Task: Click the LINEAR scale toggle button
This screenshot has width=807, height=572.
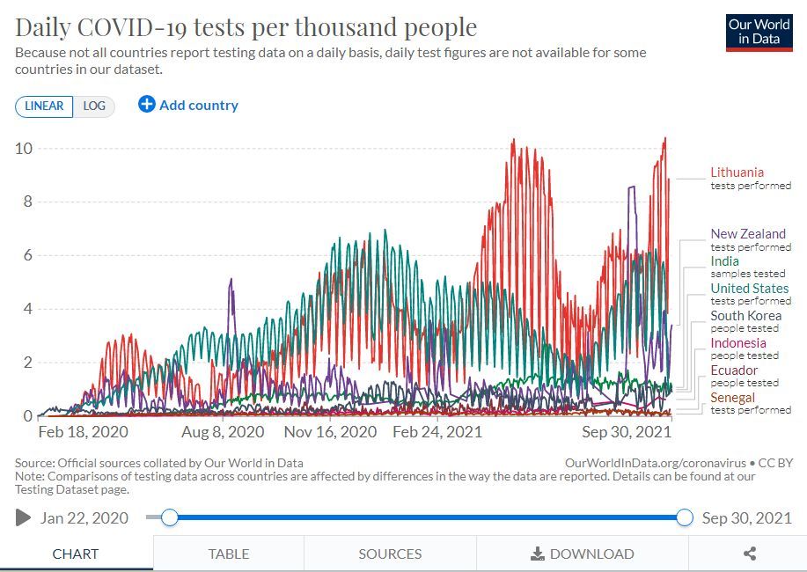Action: pyautogui.click(x=44, y=106)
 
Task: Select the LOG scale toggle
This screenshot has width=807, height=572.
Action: pyautogui.click(x=94, y=106)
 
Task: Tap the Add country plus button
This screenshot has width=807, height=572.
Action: pyautogui.click(x=146, y=105)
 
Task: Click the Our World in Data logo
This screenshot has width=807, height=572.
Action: pyautogui.click(x=759, y=33)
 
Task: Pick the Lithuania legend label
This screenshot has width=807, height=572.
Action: pyautogui.click(x=737, y=172)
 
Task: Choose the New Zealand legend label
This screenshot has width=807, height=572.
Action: pyautogui.click(x=748, y=234)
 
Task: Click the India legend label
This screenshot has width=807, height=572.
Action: pyautogui.click(x=724, y=261)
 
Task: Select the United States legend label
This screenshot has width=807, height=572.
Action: pyautogui.click(x=750, y=289)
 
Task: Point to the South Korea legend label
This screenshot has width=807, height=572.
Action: pyautogui.click(x=745, y=316)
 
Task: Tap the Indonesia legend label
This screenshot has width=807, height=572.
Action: pyautogui.click(x=738, y=343)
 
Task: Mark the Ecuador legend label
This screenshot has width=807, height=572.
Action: pyautogui.click(x=734, y=370)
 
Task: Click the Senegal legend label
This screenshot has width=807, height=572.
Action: pyautogui.click(x=733, y=398)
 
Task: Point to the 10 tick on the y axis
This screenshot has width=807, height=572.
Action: pyautogui.click(x=24, y=148)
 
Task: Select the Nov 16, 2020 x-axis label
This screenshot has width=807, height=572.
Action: pyautogui.click(x=330, y=432)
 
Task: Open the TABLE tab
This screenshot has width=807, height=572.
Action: pyautogui.click(x=229, y=554)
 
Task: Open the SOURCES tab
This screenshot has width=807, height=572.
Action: pyautogui.click(x=390, y=554)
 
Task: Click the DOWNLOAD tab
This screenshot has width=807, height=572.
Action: pyautogui.click(x=583, y=554)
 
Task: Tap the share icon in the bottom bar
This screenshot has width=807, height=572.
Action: pyautogui.click(x=750, y=554)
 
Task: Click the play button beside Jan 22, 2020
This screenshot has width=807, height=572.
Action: pyautogui.click(x=24, y=517)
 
